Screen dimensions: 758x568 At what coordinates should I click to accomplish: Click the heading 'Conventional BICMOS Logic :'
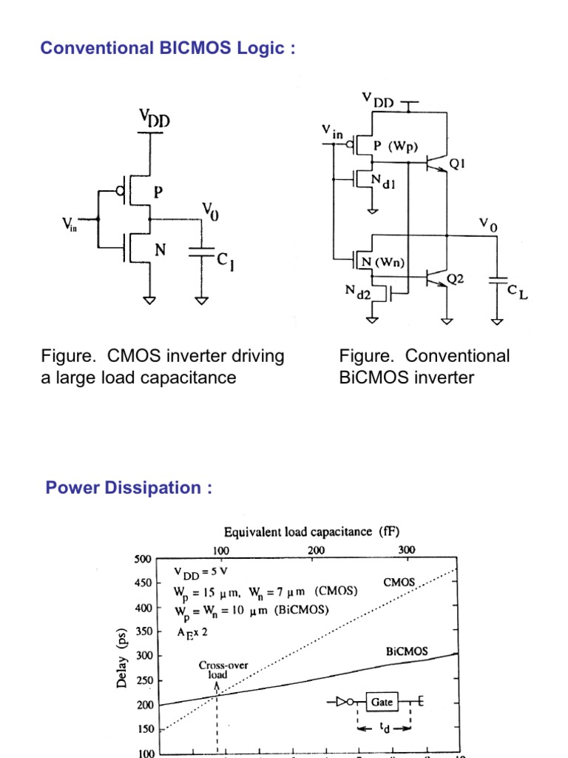[x=168, y=48]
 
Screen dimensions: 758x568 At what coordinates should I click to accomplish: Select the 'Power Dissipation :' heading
[x=129, y=488]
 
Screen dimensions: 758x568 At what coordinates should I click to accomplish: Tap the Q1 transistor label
[x=459, y=166]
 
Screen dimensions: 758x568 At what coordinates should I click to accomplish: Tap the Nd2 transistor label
[x=359, y=295]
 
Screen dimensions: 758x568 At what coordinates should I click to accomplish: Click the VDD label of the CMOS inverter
[x=154, y=118]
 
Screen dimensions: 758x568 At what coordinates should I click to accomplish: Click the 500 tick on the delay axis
[x=142, y=559]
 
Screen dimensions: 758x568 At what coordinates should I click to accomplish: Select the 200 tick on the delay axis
[x=142, y=705]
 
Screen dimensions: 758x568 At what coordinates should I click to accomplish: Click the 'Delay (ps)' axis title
[x=122, y=658]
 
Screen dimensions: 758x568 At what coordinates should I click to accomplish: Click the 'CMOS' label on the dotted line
[x=399, y=583]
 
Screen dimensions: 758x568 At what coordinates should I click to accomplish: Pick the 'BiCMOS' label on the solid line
[x=407, y=652]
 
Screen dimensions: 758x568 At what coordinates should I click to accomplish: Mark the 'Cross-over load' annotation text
[x=217, y=670]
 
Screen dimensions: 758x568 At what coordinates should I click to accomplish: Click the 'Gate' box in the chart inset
[x=382, y=702]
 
